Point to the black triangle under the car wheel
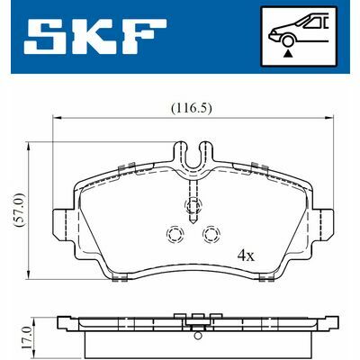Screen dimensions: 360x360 point(290,55)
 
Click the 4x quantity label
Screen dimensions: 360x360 point(246,255)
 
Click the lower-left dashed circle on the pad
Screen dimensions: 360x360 point(173,235)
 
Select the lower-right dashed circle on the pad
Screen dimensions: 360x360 point(211,235)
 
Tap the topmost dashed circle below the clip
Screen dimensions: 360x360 point(192,208)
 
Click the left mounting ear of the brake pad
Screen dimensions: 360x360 point(64,220)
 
